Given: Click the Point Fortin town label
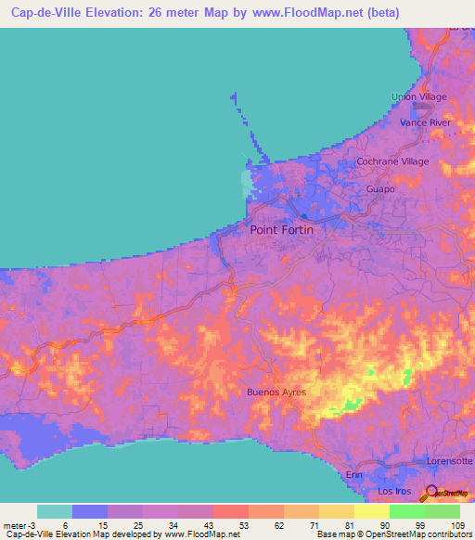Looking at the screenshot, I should (x=289, y=229).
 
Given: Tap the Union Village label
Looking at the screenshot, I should (x=419, y=97).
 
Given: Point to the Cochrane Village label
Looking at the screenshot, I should (x=393, y=161).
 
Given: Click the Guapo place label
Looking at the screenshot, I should (x=381, y=188).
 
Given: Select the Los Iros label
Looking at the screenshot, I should (x=393, y=490).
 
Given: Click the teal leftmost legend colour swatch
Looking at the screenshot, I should (x=55, y=511).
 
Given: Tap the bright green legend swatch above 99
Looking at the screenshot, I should (x=406, y=511).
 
